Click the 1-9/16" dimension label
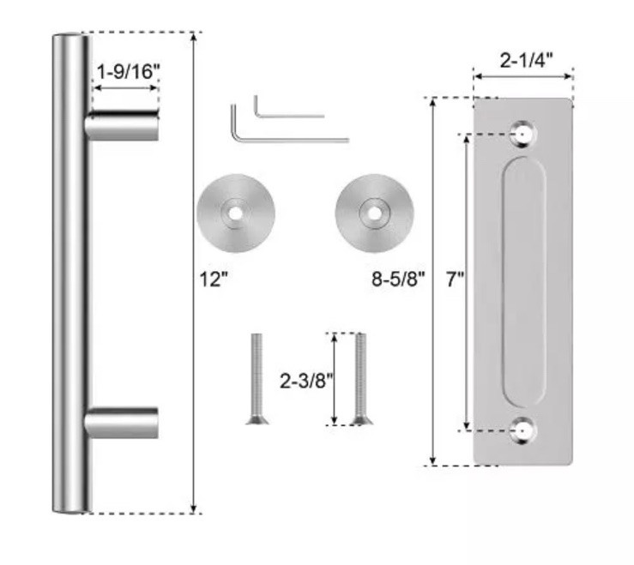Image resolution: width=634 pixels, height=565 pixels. point(128,72)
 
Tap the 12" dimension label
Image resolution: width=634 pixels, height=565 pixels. point(214,279)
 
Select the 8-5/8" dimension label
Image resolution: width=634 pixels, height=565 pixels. point(398,279)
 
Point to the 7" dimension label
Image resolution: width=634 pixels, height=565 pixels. point(456,279)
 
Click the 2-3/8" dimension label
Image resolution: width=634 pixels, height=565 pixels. point(307,381)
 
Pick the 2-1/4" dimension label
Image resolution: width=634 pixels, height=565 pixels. point(526,61)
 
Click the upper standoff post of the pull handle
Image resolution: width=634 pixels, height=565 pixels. point(121,126)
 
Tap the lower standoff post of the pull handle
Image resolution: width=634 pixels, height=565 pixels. point(121,424)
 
